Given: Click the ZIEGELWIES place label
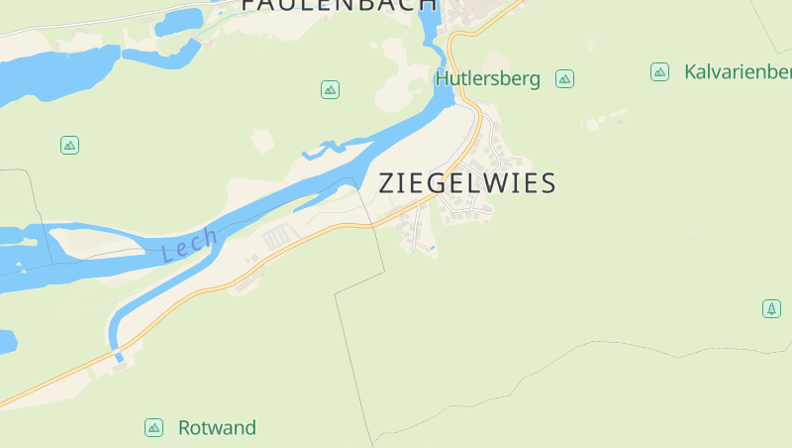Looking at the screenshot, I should [467, 183].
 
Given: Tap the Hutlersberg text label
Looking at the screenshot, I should [488, 79].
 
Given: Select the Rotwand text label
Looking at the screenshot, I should [217, 428].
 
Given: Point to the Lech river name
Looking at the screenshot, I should [189, 244].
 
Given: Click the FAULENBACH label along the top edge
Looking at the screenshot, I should [339, 5].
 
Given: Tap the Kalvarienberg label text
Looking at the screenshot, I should [738, 72].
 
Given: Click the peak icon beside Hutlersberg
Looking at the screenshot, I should [564, 79].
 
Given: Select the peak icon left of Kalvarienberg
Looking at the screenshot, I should [659, 71].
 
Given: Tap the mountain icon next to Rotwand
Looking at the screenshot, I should [153, 427].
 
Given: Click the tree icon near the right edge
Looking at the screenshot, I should [771, 308].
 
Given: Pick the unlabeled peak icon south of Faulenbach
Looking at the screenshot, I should [330, 89].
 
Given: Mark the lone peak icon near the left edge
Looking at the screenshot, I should [69, 145].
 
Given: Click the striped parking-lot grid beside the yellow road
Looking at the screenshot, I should [279, 236].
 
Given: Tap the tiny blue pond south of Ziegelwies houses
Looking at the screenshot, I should [432, 245].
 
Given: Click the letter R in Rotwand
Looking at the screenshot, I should [185, 428].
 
